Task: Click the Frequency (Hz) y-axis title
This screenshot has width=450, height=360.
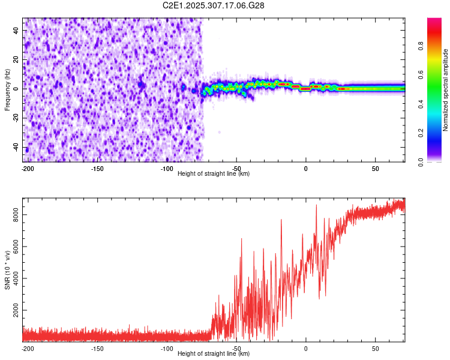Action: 7,89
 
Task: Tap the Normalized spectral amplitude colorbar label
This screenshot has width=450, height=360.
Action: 446,90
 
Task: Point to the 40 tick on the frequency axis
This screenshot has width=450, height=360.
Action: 17,30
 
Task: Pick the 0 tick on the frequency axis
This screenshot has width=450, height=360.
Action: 17,89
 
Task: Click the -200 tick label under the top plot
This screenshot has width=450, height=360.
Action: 28,169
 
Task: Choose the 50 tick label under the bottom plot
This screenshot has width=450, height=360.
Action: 375,349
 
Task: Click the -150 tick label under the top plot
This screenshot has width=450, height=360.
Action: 97,169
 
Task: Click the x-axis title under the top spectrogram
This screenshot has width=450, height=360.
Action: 214,174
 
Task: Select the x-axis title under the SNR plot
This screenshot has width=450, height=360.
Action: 214,354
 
